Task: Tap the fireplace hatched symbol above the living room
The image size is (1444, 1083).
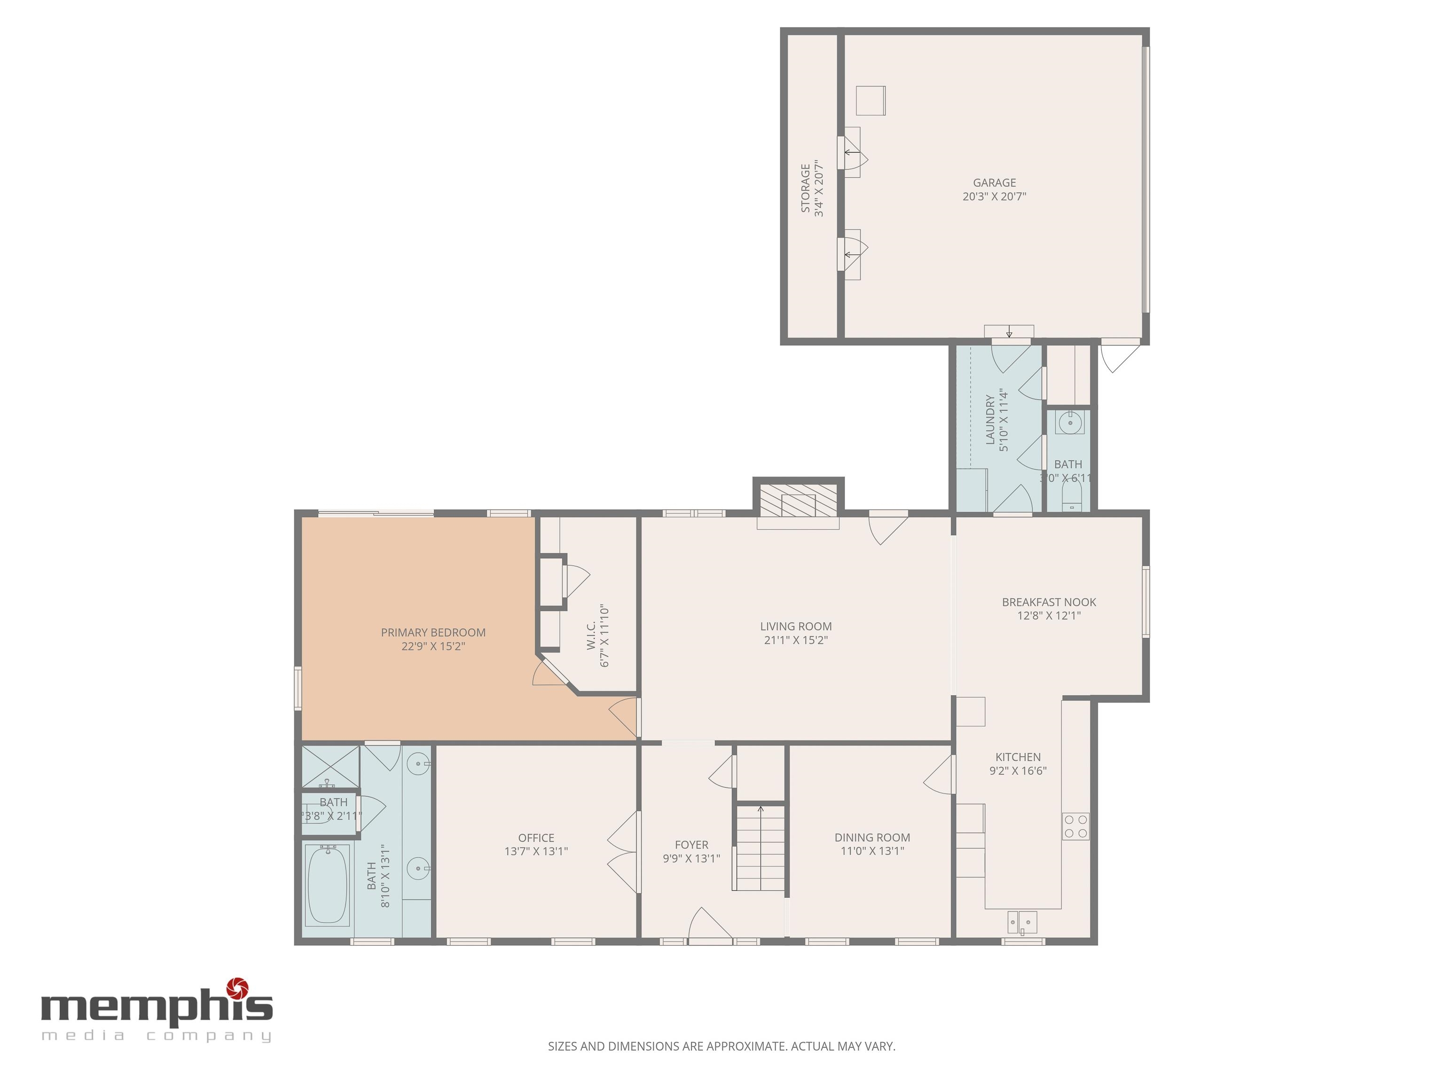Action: [x=798, y=501]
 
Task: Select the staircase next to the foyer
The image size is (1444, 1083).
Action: [x=760, y=848]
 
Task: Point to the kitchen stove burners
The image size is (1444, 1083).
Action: [x=1075, y=826]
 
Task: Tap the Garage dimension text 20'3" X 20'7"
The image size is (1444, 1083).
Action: [x=994, y=196]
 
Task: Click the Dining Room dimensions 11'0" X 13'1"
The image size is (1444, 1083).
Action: [x=871, y=851]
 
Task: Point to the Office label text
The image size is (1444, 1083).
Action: [x=536, y=838]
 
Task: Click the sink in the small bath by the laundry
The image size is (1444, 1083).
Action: [x=1070, y=423]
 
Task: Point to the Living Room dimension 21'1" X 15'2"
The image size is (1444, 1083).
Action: [x=796, y=640]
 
